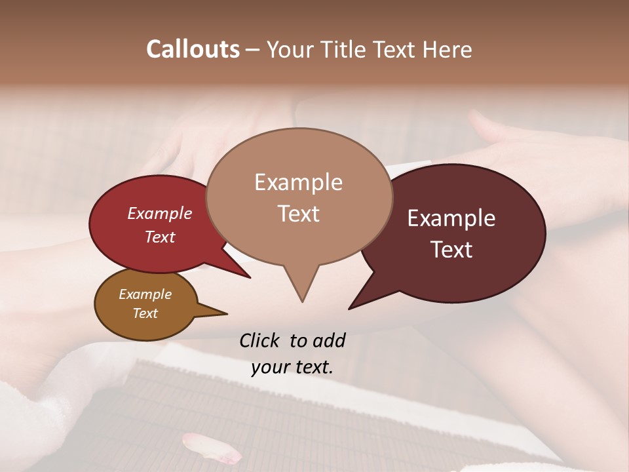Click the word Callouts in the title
pos(193,49)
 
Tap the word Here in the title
pos(448,49)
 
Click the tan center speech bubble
pos(299,243)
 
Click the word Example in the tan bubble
pos(298,182)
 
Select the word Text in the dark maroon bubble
pos(451,250)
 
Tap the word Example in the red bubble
pos(160,213)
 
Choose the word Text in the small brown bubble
pos(145,313)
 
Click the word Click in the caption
pos(259,341)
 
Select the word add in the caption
pos(329,341)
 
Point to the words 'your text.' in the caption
pos(292,367)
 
